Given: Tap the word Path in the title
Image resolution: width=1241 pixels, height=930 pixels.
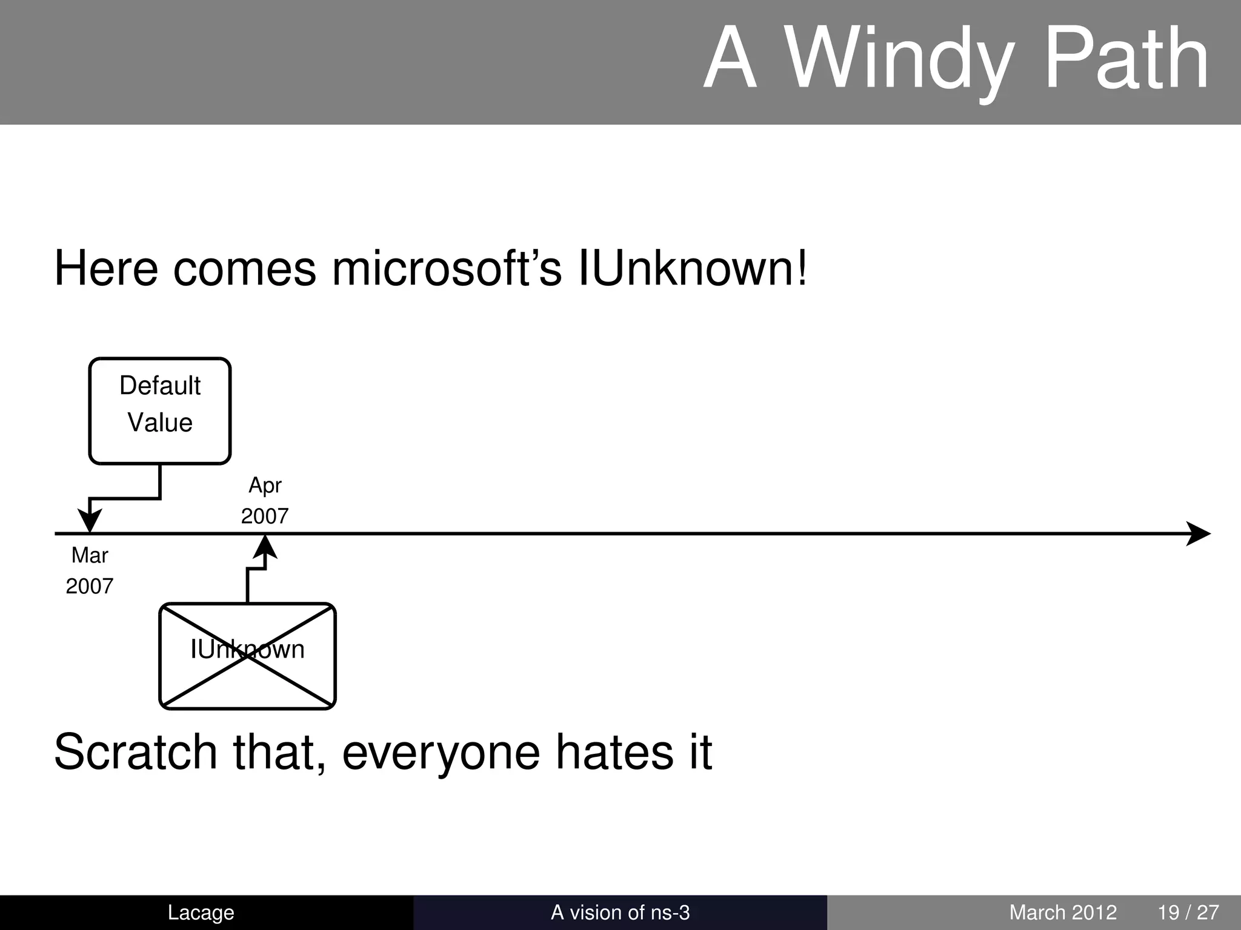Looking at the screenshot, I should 1127,61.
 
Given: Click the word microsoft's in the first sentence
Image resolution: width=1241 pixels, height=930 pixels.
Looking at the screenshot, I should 447,269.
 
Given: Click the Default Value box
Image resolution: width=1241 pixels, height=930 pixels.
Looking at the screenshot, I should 160,411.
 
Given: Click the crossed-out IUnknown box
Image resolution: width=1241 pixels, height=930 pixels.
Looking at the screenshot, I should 247,656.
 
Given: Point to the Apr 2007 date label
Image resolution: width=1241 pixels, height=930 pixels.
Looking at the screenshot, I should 265,500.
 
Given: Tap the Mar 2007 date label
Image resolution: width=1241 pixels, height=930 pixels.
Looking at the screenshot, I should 90,570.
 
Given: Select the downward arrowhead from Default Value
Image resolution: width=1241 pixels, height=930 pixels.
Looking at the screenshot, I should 90,521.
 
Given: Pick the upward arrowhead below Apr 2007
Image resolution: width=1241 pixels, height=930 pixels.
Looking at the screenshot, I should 265,547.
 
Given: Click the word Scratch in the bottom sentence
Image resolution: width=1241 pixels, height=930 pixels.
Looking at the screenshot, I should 135,752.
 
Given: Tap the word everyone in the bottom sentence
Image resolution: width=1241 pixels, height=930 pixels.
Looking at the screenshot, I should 441,752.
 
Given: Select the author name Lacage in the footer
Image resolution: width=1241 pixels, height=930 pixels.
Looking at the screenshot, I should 201,912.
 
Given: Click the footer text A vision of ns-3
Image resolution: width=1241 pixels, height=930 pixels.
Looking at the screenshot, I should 620,912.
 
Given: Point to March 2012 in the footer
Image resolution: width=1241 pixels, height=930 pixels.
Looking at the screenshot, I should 1063,912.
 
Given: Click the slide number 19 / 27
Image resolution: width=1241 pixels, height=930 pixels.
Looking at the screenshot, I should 1188,912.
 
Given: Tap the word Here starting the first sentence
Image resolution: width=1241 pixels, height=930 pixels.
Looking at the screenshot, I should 106,269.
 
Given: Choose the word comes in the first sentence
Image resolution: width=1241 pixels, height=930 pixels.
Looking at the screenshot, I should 244,269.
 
